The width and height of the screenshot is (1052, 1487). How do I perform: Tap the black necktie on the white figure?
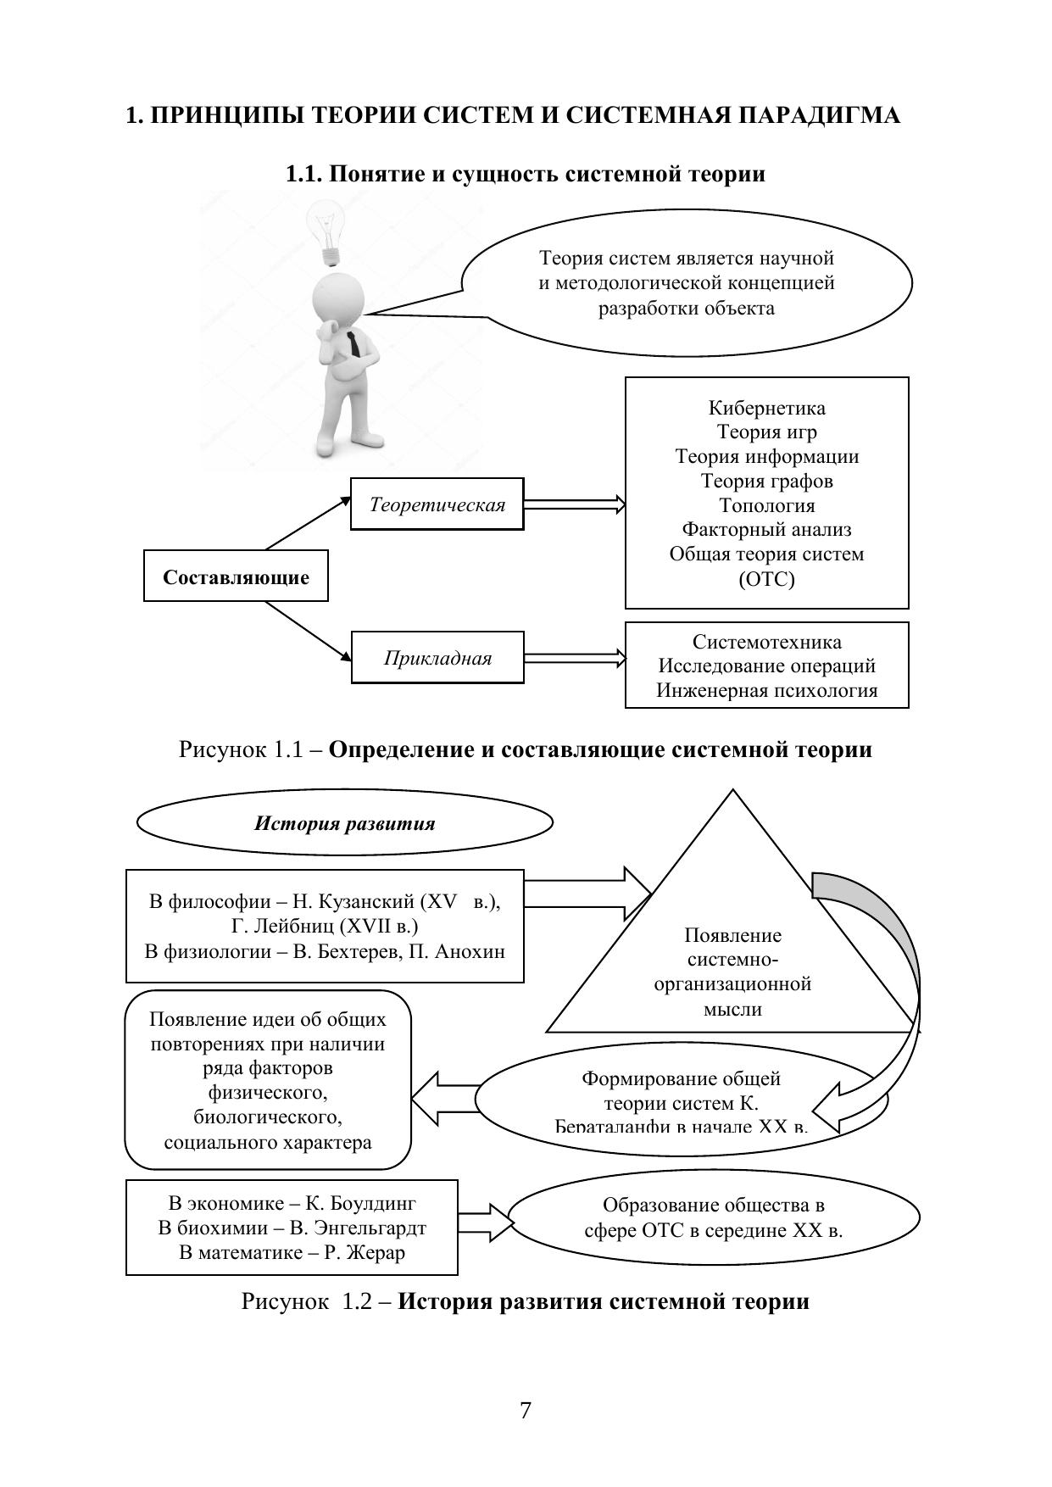pyautogui.click(x=353, y=344)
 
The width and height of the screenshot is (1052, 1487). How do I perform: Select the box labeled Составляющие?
pyautogui.click(x=236, y=577)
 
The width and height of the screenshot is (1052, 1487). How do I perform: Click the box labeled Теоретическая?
pyautogui.click(x=437, y=505)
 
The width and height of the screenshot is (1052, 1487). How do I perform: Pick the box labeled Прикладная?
pyautogui.click(x=437, y=659)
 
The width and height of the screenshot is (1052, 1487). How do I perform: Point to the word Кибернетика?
pyautogui.click(x=766, y=409)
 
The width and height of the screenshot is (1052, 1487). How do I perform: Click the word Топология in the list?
pyautogui.click(x=766, y=506)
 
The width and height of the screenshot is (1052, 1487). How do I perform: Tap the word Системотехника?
pyautogui.click(x=766, y=643)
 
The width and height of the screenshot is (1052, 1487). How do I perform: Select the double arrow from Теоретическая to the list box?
pyautogui.click(x=574, y=505)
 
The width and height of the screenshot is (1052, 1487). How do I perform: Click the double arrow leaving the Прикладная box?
pyautogui.click(x=574, y=659)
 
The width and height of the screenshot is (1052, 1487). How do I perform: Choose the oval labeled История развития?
pyautogui.click(x=344, y=823)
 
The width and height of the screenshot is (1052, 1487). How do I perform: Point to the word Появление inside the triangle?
pyautogui.click(x=732, y=936)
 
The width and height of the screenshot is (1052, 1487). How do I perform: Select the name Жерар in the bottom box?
pyautogui.click(x=379, y=1252)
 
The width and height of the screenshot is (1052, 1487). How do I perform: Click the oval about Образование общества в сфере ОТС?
pyautogui.click(x=713, y=1217)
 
